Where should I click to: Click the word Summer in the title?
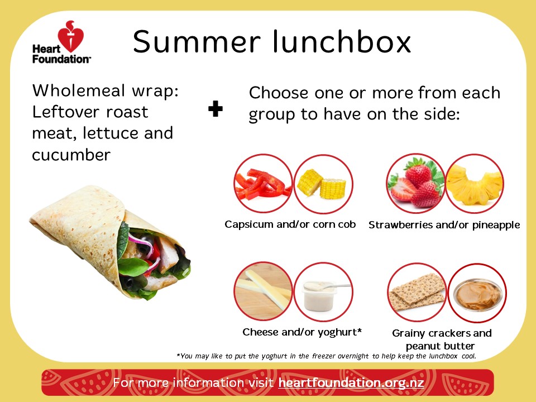(197, 41)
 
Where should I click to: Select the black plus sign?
(216, 109)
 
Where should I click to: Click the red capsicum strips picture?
(263, 184)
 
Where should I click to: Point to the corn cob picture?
(323, 184)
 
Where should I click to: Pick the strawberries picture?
(415, 184)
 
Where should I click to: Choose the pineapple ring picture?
(475, 184)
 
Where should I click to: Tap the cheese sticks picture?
(263, 291)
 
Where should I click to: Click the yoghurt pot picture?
(323, 291)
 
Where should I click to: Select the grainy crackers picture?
(417, 292)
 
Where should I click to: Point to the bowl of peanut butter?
(477, 293)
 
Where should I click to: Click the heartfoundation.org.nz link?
(351, 382)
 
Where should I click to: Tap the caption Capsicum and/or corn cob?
(290, 224)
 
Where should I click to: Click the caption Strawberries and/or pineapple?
(444, 225)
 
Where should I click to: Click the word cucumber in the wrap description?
(71, 155)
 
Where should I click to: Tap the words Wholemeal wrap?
(106, 91)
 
